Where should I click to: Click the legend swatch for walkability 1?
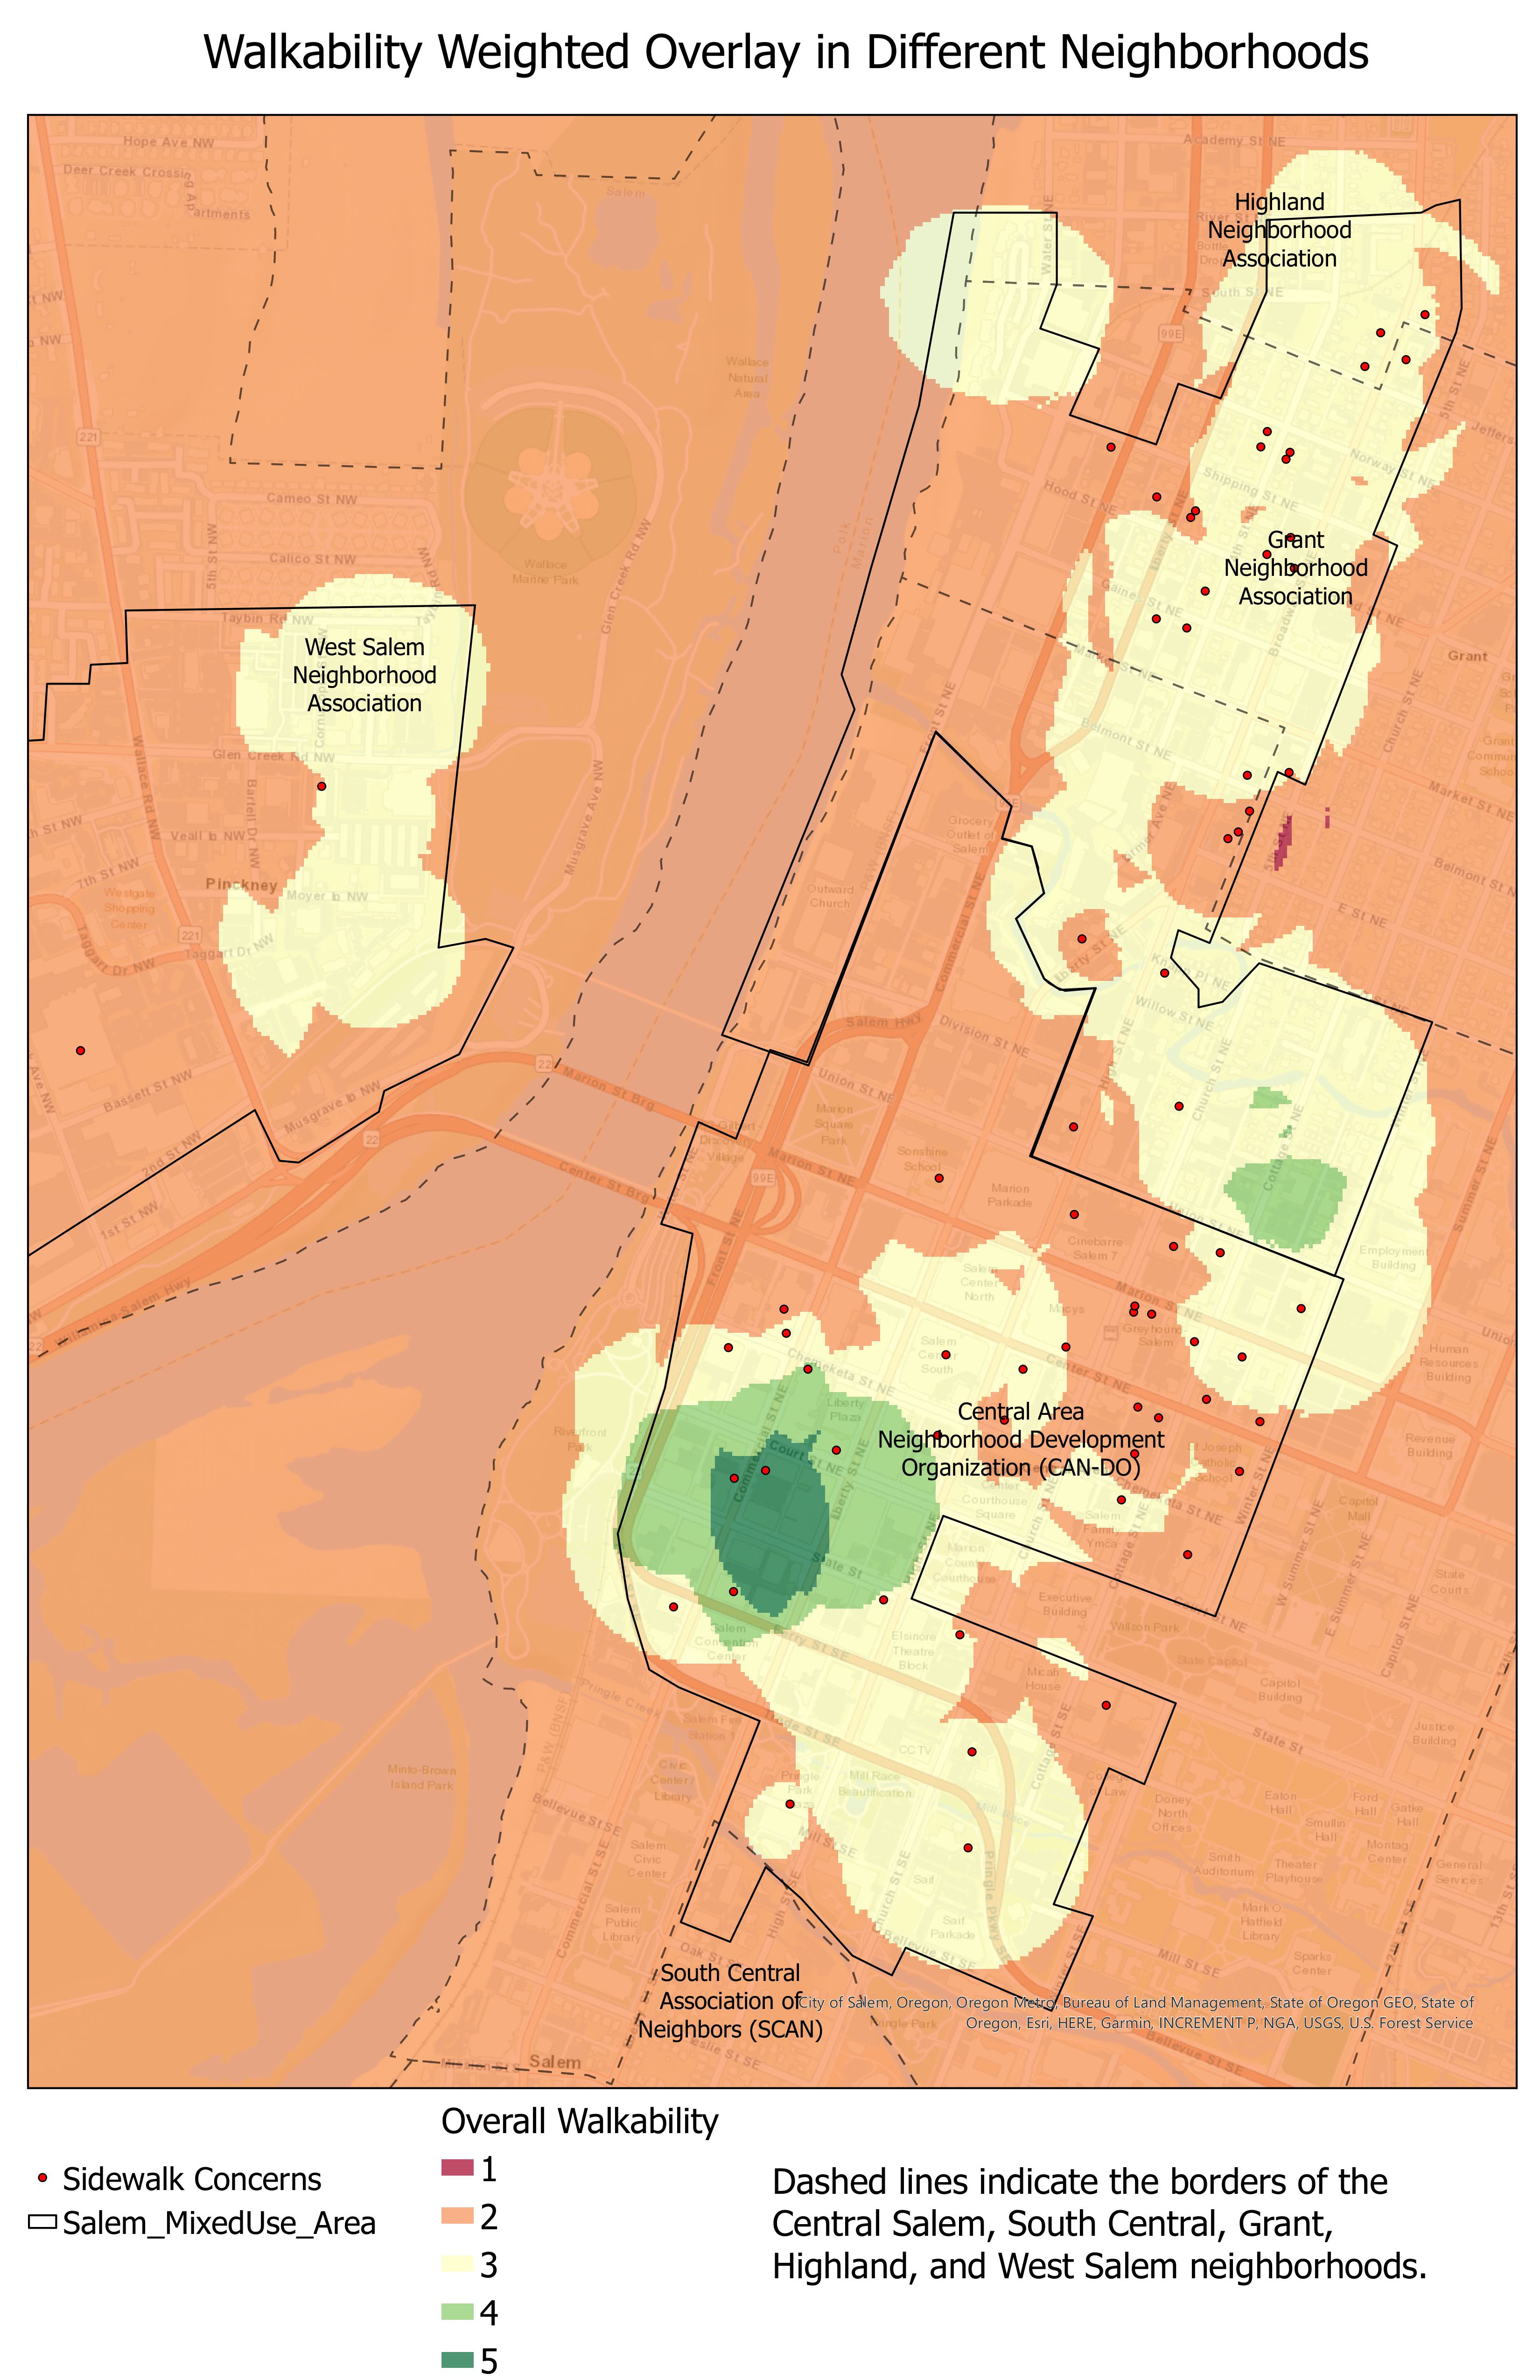pos(456,2169)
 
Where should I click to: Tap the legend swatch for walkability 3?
pos(456,2264)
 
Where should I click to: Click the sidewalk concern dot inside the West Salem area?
pos(321,786)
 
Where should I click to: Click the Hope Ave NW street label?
pos(168,142)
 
